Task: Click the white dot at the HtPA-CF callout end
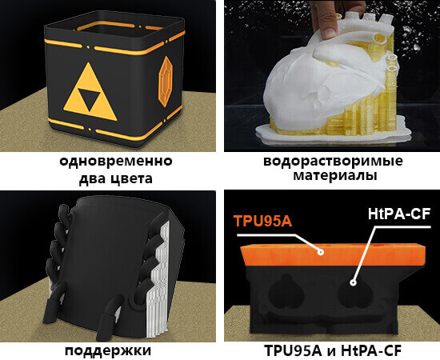click(352, 282)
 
